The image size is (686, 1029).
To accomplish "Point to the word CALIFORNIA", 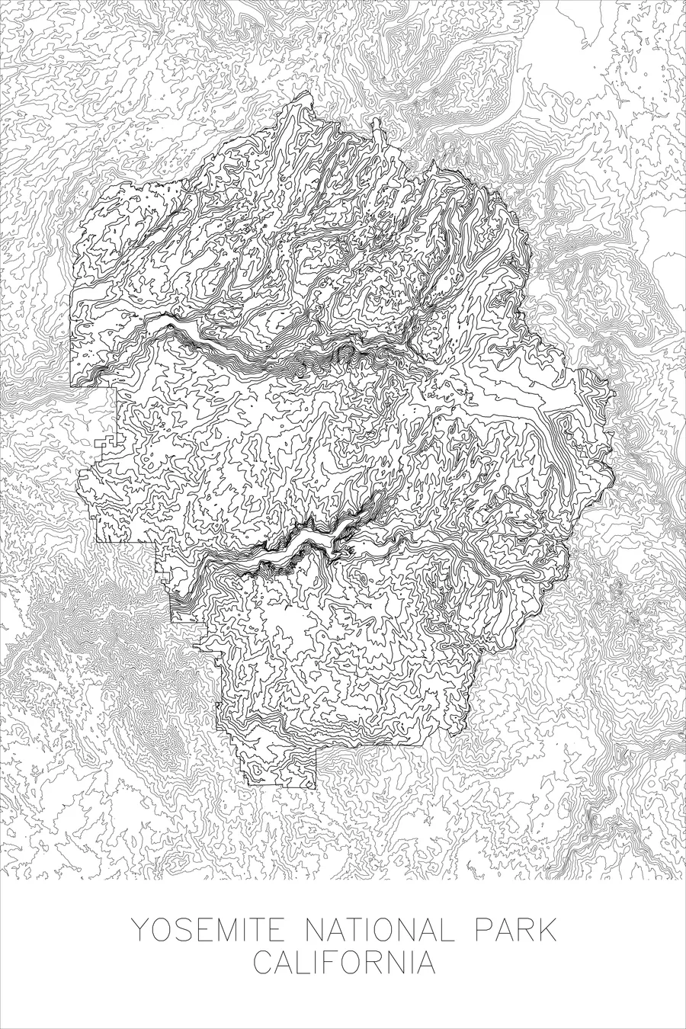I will click(345, 962).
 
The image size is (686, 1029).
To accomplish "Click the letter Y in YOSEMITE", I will click(141, 931).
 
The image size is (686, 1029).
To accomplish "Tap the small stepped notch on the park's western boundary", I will click(104, 444).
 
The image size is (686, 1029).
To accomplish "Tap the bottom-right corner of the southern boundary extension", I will click(315, 787).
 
